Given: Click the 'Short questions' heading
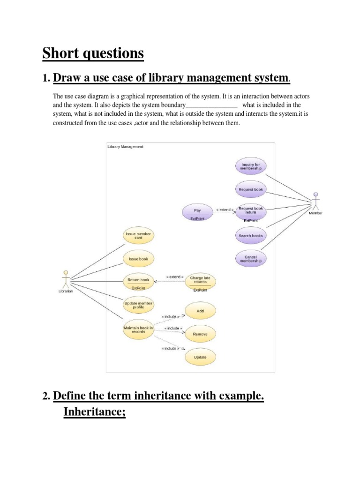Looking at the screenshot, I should tap(93, 54).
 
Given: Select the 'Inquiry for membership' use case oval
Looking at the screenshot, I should tap(251, 166).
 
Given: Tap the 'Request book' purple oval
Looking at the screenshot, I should tap(251, 189).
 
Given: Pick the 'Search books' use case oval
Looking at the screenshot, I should tap(251, 236).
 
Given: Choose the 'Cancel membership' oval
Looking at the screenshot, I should tap(251, 259).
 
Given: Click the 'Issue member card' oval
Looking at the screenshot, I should tap(138, 235).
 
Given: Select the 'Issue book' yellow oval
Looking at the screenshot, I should tap(138, 258).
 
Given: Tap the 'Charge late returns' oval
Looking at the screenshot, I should tap(200, 281).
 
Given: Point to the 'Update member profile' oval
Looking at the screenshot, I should tap(138, 305).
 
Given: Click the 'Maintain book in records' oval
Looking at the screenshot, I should tap(138, 329).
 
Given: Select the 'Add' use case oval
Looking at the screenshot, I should tap(200, 311).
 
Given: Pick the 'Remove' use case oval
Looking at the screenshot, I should tap(200, 334).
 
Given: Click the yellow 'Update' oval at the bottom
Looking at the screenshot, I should tap(200, 358).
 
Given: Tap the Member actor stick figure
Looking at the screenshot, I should tap(315, 200).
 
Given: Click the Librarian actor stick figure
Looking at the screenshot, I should tap(66, 279).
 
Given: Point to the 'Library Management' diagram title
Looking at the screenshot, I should tap(126, 147).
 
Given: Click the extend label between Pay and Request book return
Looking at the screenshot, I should tap(225, 210).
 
